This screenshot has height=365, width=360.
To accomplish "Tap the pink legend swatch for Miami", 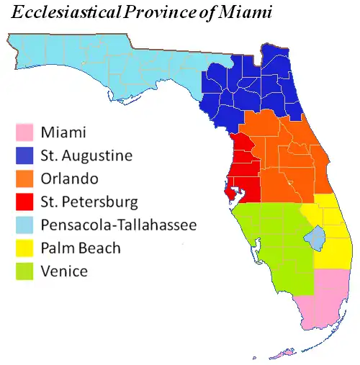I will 26,132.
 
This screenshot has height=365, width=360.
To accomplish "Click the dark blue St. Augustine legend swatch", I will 26,156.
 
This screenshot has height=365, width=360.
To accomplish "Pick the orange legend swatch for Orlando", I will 26,179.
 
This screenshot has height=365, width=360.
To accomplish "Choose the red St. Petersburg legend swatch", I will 26,202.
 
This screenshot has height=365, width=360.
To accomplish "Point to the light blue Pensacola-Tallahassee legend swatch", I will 26,225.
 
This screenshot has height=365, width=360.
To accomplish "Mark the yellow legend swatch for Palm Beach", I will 26,248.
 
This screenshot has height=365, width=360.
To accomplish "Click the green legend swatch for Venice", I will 26,271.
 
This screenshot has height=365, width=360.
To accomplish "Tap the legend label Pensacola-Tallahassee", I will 119,225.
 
